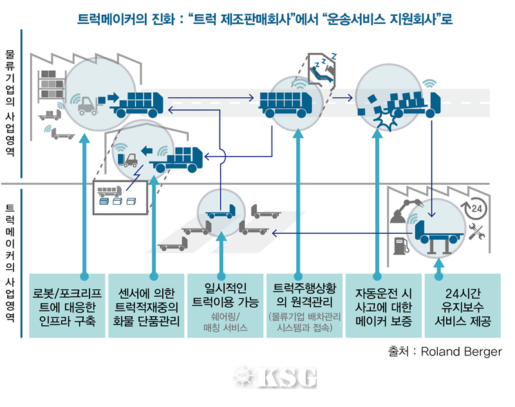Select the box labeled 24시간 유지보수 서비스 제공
click(463, 306)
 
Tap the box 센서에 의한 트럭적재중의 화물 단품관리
click(145, 306)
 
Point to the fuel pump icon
click(400, 245)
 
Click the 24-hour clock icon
click(474, 209)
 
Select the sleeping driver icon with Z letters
click(322, 67)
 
